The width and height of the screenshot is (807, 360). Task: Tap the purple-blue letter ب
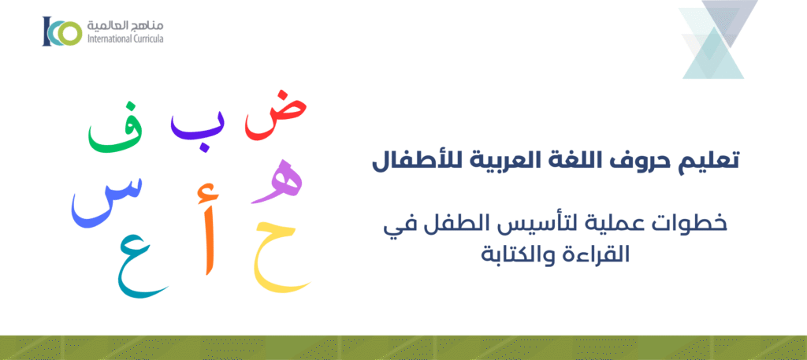coord(197,128)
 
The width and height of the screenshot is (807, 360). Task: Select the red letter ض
coord(274,118)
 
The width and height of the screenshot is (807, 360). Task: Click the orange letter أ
coord(207,232)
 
